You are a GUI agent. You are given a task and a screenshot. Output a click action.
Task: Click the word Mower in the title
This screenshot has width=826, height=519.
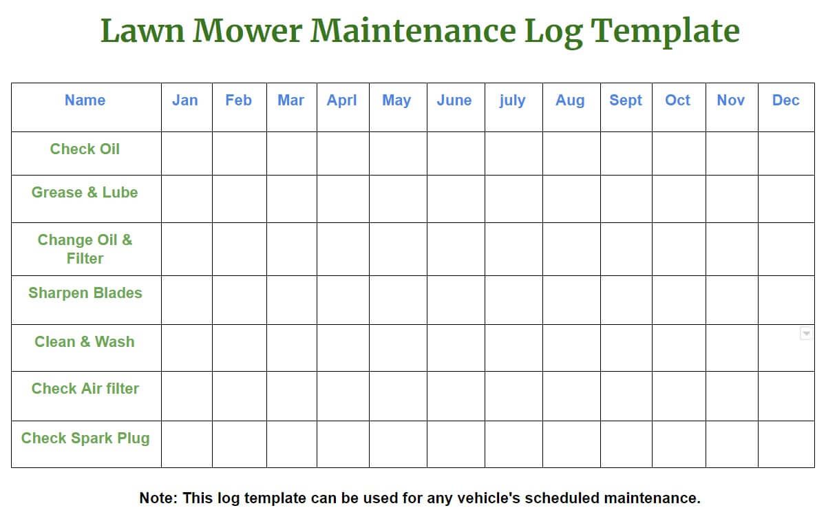coord(247,31)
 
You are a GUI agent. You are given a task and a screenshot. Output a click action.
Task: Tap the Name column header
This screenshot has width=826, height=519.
coord(85,100)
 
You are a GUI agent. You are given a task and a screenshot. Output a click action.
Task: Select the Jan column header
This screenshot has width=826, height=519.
coord(184,100)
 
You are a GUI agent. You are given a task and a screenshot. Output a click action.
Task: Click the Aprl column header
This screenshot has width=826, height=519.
coord(342,100)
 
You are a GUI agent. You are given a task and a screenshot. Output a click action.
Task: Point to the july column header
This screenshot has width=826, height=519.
coord(512,100)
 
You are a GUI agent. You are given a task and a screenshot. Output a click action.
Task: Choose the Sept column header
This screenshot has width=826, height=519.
coord(626,100)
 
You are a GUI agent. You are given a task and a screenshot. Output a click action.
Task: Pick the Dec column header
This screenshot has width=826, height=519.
coord(786,100)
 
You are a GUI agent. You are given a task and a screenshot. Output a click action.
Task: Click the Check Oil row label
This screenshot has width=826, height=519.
coord(85,149)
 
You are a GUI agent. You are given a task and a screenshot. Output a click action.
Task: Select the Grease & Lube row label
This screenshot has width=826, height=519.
coord(85,193)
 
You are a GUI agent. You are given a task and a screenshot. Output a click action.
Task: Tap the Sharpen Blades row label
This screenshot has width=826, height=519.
coord(85,293)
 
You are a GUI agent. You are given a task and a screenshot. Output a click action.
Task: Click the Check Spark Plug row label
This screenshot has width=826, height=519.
coord(85,438)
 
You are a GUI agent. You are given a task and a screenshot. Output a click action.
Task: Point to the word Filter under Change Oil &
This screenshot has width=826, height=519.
coord(85,259)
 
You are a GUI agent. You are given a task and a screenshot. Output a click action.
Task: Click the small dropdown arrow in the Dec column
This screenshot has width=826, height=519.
coord(806,333)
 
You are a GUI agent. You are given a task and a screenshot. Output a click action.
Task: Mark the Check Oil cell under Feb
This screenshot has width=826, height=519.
coord(240,153)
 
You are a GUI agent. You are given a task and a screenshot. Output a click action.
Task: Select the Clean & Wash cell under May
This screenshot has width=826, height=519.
coord(399,348)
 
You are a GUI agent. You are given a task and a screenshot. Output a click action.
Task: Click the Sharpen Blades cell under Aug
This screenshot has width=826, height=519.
coord(571,300)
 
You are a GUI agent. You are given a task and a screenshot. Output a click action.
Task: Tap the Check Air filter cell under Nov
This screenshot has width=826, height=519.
coord(732,396)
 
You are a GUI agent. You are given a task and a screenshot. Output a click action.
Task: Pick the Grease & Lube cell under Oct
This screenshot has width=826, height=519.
coord(679,199)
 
